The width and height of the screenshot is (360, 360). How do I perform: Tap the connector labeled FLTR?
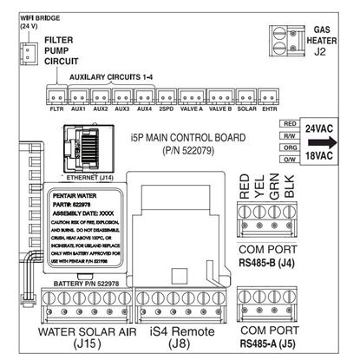point(56,97)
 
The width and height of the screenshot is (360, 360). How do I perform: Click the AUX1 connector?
point(78,97)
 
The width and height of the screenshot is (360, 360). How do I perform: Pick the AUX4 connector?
point(144,97)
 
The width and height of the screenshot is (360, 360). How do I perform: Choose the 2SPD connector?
point(167,97)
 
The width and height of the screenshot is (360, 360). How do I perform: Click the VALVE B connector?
point(220,97)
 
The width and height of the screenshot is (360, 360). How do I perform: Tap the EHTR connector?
point(271,97)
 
